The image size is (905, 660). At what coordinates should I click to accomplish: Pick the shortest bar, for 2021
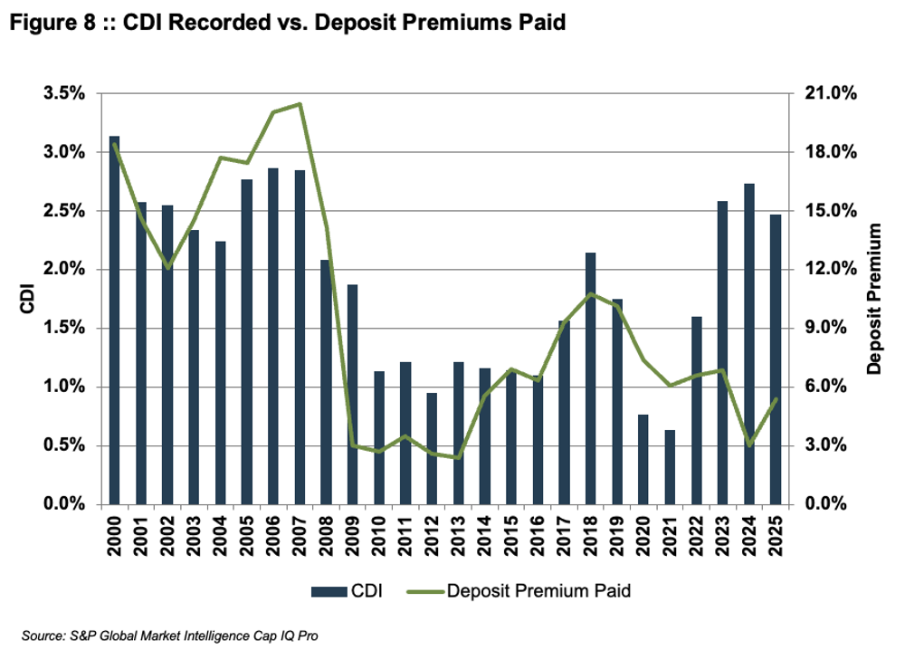coord(670,467)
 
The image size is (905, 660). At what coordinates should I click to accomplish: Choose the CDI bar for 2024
coord(748,344)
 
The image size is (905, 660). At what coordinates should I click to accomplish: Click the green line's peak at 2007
coord(300,104)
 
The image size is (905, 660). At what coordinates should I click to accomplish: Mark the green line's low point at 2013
coord(458,457)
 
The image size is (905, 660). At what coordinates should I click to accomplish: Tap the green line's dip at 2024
coord(749,445)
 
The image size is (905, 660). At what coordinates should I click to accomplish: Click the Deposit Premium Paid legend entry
coord(525,592)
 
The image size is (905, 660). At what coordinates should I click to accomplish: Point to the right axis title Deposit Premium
coord(874,300)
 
